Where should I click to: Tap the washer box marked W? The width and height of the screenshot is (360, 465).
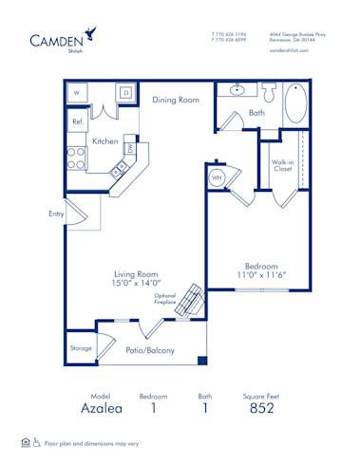77,94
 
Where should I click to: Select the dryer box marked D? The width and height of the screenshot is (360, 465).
124,94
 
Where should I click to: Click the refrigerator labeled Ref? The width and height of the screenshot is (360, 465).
78,122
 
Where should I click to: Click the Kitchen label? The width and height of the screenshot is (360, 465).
104,141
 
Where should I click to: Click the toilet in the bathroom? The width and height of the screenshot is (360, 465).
269,92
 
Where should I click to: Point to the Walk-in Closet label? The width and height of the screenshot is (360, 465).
282,166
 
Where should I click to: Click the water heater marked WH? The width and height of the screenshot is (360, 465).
217,177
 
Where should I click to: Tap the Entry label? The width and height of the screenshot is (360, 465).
56,214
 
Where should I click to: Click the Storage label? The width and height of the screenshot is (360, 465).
81,348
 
